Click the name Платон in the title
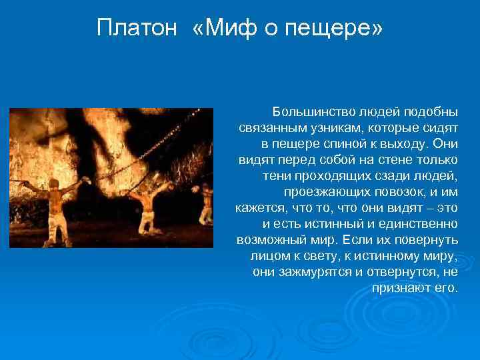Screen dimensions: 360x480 pos(136,28)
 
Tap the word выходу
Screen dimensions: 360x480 pos(405,144)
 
